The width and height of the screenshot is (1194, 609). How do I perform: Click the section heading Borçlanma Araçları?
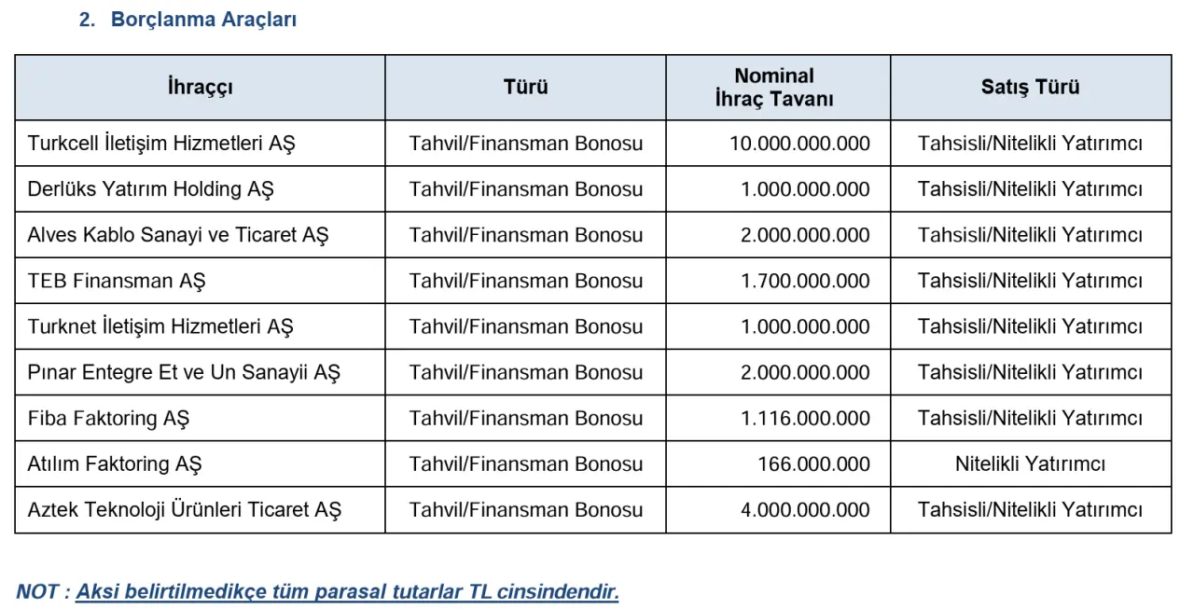(203, 20)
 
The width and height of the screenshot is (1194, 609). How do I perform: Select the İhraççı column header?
(200, 88)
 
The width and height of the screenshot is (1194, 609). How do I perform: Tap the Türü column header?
(525, 88)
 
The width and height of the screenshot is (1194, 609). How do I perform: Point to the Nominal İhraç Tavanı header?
(774, 88)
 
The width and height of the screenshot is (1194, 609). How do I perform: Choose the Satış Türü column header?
(1030, 88)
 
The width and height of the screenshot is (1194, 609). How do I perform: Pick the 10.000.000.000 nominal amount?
(799, 144)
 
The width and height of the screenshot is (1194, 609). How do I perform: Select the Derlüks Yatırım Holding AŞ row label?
(150, 189)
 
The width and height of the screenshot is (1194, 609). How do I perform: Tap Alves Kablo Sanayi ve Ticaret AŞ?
(177, 235)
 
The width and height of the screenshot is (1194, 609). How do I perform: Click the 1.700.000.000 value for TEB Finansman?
(805, 281)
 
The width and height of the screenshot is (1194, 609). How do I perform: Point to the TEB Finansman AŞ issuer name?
(117, 281)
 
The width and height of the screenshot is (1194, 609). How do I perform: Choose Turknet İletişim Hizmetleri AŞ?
(160, 326)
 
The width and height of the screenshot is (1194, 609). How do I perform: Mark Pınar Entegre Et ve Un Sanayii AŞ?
(184, 372)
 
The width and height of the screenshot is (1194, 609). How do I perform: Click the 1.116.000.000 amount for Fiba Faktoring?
(805, 418)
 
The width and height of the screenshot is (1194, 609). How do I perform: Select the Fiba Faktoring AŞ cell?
(108, 418)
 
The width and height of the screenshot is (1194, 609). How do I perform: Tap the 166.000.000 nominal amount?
(813, 464)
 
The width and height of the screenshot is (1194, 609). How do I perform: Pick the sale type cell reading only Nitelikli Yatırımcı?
(1030, 464)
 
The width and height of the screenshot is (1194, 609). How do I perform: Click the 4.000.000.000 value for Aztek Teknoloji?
(805, 509)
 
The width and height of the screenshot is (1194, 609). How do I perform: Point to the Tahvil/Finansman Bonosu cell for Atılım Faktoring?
(525, 464)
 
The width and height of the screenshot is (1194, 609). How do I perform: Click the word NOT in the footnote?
(37, 592)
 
